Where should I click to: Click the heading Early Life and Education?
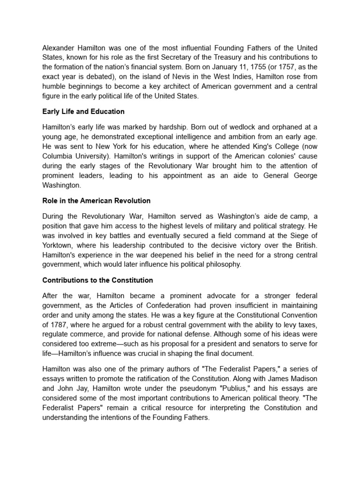(x=83, y=112)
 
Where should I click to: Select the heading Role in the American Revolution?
(x=97, y=201)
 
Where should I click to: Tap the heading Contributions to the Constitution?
(x=97, y=280)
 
